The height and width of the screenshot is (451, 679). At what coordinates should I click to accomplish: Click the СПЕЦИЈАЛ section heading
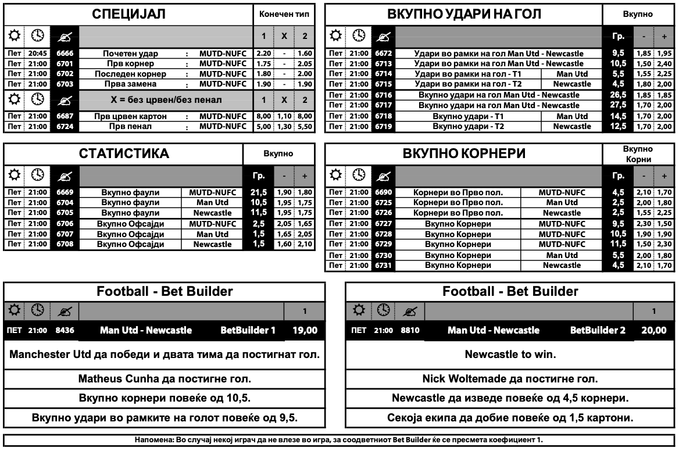(x=129, y=15)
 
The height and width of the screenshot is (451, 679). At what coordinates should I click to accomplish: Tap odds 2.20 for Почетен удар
(x=263, y=53)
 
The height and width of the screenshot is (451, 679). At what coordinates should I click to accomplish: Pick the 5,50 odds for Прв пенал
(x=305, y=126)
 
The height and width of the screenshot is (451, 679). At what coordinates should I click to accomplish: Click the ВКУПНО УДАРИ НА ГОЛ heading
(x=463, y=15)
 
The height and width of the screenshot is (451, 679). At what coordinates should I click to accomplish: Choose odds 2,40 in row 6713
(x=664, y=63)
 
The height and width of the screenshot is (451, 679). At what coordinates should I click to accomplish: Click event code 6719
(x=384, y=126)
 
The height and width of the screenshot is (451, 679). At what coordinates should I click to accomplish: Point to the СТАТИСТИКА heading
(x=124, y=154)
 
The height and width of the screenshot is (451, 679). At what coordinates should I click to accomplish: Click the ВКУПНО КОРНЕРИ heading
(x=464, y=154)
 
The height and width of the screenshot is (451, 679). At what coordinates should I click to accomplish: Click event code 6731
(x=384, y=266)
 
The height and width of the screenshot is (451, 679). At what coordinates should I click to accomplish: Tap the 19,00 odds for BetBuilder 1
(x=305, y=331)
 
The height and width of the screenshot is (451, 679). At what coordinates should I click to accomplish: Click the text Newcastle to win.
(x=510, y=354)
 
